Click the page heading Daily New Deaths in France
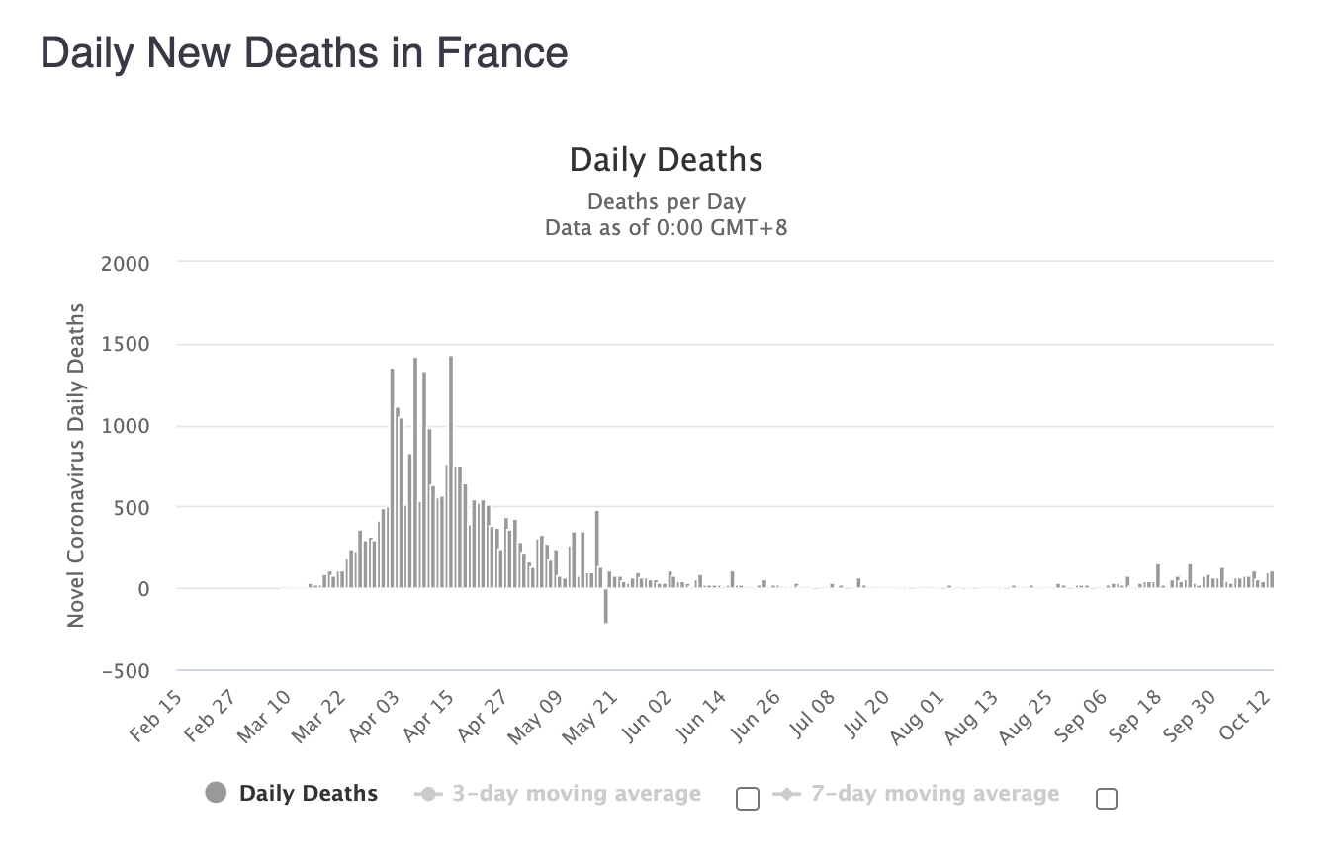point(304,52)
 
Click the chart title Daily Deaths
point(666,160)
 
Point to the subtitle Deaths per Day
point(666,202)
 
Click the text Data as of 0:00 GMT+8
point(666,228)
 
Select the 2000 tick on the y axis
point(126,264)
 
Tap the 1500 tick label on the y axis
point(126,345)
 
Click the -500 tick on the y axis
point(126,671)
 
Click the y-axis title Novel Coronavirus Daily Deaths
point(76,465)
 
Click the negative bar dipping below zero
point(605,606)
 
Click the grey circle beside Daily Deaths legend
point(216,793)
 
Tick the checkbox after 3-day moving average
point(748,799)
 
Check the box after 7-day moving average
point(1107,799)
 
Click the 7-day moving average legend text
point(935,794)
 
